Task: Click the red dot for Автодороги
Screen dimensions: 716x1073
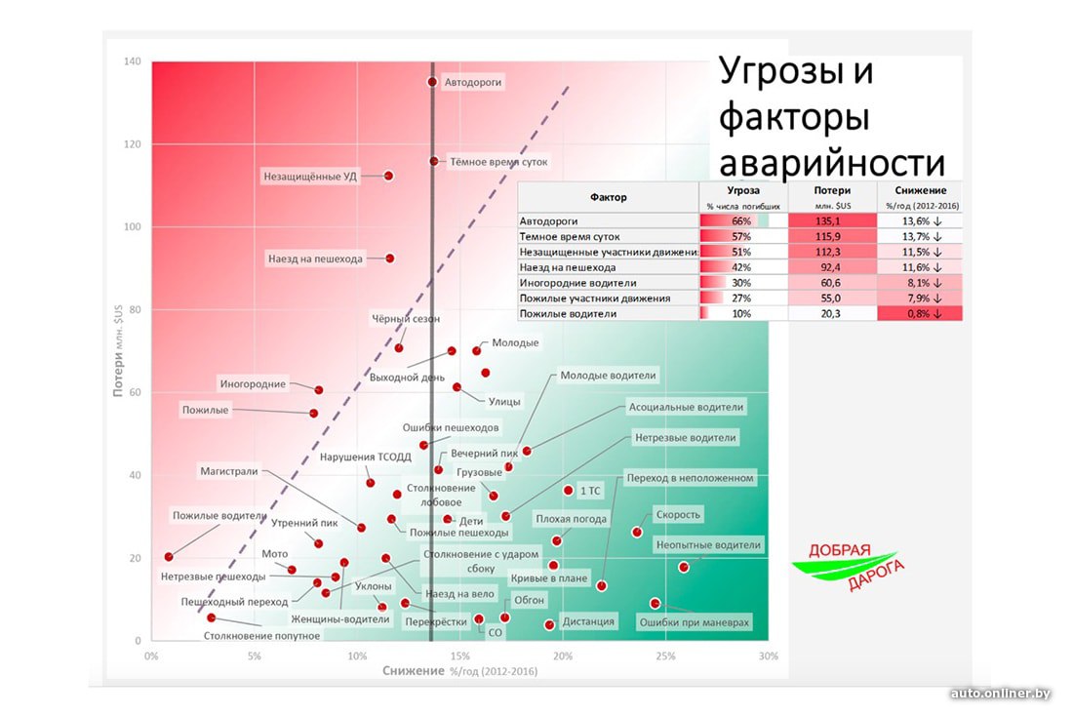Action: click(432, 82)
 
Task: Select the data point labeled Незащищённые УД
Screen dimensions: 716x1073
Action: click(388, 176)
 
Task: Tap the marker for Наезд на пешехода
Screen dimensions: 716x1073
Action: click(390, 258)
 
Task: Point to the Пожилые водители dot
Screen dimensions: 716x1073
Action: click(169, 557)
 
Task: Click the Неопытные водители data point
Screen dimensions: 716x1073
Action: click(684, 567)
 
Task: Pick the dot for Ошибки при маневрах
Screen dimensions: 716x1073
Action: click(655, 603)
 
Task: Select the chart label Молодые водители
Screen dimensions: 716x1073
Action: click(608, 375)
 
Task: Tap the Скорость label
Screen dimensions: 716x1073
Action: click(678, 514)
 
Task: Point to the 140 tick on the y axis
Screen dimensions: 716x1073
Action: click(131, 61)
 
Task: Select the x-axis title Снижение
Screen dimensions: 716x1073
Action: click(414, 671)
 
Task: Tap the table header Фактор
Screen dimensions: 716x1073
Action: click(608, 196)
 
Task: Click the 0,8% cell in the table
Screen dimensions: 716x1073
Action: click(919, 313)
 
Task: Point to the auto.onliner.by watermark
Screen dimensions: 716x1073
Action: click(1000, 693)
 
